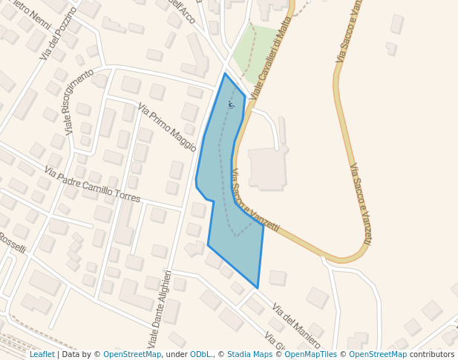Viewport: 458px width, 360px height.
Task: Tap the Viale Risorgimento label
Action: click(x=79, y=101)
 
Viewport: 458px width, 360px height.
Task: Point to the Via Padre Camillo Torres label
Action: click(x=91, y=184)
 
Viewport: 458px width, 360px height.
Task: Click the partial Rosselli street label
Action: click(x=12, y=241)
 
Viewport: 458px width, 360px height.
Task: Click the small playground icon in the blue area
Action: click(x=232, y=105)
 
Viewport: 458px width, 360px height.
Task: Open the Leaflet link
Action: click(x=42, y=354)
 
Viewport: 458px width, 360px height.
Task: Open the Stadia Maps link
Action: click(x=249, y=354)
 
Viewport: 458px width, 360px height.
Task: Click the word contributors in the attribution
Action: click(x=432, y=354)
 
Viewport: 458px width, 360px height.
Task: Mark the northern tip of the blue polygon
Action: click(x=225, y=73)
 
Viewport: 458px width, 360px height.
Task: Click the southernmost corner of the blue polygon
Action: click(x=258, y=287)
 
